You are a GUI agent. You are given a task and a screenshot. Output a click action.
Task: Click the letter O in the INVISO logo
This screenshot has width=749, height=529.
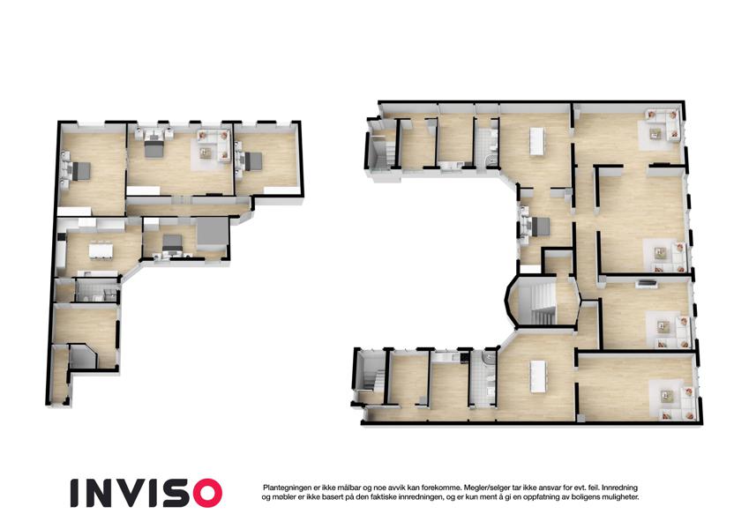click(x=206, y=493)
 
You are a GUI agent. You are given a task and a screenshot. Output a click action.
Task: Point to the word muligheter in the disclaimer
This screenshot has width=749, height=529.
click(x=620, y=497)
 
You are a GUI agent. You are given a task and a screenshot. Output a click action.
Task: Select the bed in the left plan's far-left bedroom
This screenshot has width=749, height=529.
click(x=79, y=171)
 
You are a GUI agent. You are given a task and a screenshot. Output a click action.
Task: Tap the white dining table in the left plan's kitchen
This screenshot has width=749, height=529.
click(x=101, y=251)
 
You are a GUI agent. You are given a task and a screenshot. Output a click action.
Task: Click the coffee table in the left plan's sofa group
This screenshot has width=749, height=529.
click(x=206, y=153)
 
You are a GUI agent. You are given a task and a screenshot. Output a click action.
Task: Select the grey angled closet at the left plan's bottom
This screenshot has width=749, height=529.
click(x=81, y=357)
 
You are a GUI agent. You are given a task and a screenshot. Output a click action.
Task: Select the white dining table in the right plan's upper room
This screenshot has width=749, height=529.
click(x=537, y=141)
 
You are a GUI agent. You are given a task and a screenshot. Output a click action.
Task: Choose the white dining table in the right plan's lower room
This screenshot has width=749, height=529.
click(x=538, y=376)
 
